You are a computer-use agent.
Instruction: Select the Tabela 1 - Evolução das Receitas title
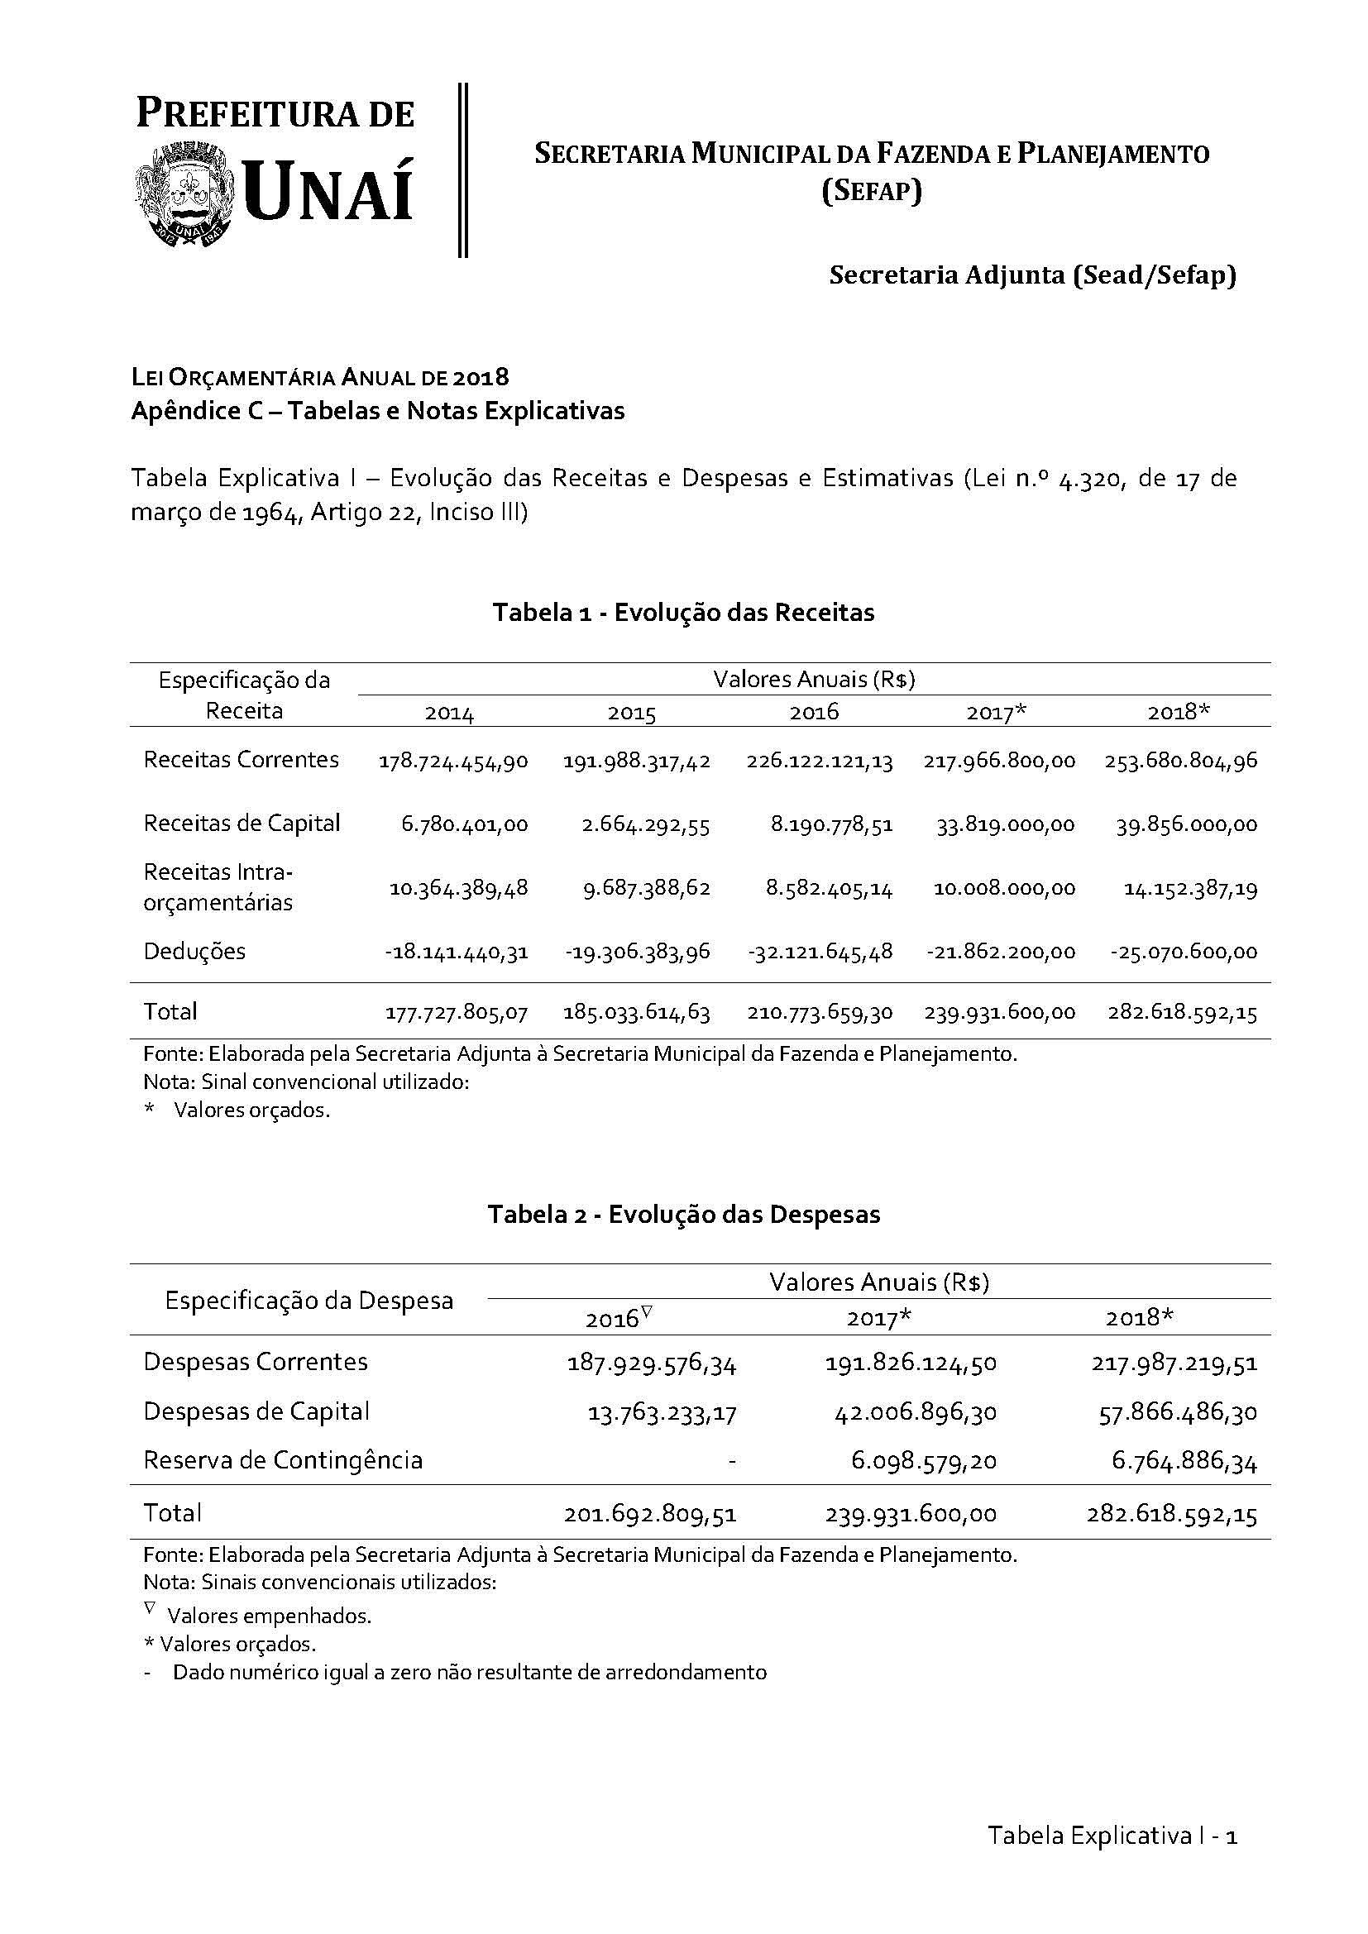[x=683, y=613]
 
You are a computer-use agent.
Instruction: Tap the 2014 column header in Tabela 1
[x=449, y=714]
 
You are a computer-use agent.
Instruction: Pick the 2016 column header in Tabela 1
[x=814, y=713]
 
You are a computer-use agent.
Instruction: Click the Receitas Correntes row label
[x=242, y=760]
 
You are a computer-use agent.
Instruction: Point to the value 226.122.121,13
[x=819, y=762]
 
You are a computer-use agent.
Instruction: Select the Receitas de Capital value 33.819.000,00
[x=1005, y=824]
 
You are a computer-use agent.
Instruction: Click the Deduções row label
[x=194, y=952]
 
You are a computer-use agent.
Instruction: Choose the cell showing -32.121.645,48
[x=819, y=953]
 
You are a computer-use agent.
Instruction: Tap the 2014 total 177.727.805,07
[x=457, y=1013]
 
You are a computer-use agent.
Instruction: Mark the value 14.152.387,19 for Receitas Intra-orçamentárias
[x=1190, y=889]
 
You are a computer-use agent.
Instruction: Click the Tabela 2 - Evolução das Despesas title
[x=683, y=1214]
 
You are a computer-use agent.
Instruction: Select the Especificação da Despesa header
[x=309, y=1301]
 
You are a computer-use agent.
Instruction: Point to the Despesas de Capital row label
[x=256, y=1411]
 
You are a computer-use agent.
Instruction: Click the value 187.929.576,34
[x=652, y=1363]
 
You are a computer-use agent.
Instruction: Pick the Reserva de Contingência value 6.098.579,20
[x=923, y=1460]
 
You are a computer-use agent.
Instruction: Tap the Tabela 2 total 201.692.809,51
[x=650, y=1515]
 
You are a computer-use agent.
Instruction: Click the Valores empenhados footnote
[x=269, y=1616]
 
